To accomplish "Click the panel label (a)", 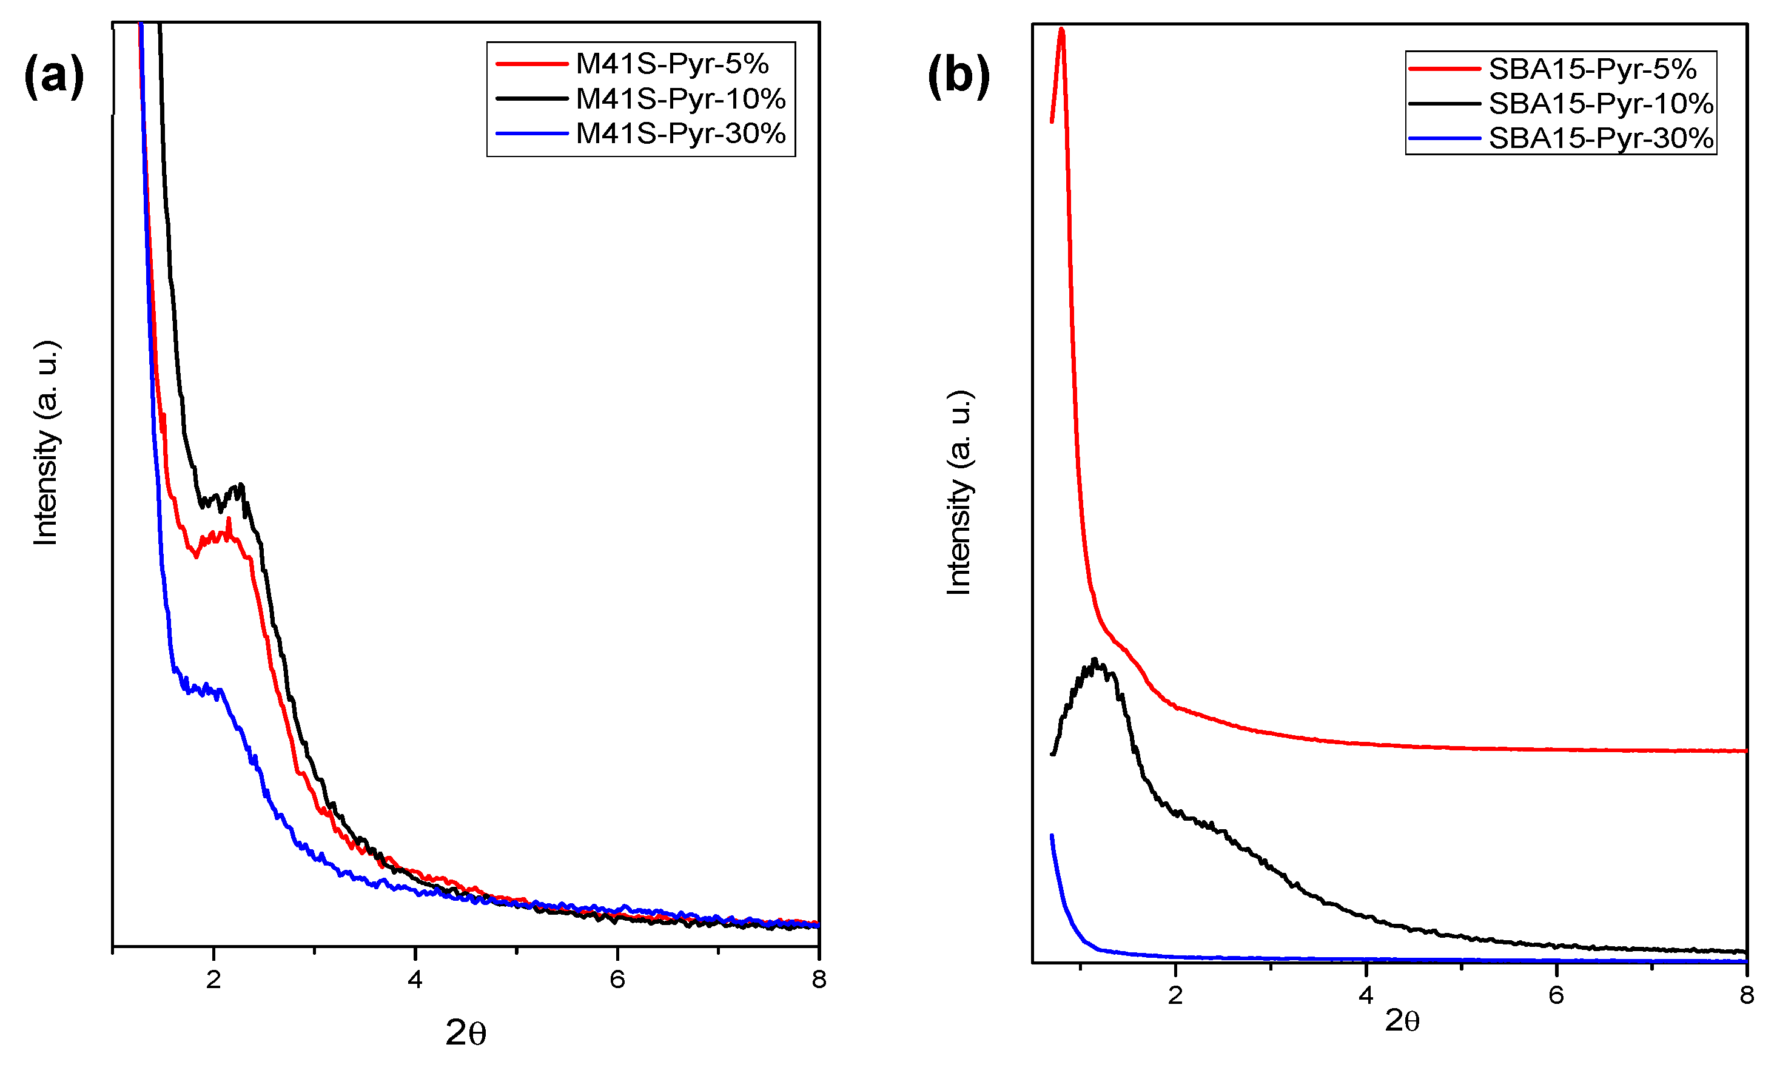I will click(54, 76).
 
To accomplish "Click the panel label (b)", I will click(958, 76).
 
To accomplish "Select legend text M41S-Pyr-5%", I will click(672, 64).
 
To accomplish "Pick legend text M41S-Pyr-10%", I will click(680, 99).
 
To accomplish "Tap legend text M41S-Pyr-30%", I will click(680, 133).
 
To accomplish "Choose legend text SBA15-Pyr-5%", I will click(1593, 69).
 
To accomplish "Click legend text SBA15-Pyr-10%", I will click(1601, 104).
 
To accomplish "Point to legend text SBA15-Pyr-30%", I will click(1601, 138).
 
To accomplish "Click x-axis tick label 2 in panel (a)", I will click(213, 979).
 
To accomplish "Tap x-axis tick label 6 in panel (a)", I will click(617, 979).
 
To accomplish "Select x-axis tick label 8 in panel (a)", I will click(818, 979).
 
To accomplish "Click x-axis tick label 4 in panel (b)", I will click(1365, 995).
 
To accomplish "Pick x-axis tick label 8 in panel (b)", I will click(1746, 995).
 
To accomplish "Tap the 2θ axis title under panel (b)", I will click(1402, 1021).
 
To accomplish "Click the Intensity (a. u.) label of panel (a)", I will click(45, 442).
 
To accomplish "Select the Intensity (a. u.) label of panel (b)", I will click(959, 493).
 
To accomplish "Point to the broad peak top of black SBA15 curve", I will click(1094, 661).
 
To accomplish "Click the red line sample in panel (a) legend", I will click(532, 64).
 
